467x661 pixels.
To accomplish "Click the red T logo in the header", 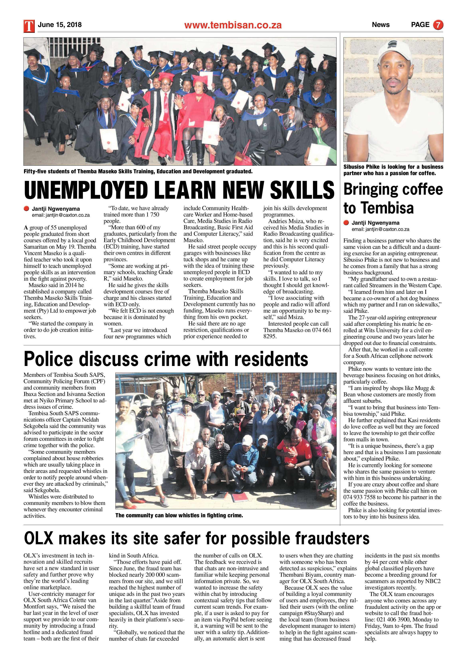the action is click(29, 26).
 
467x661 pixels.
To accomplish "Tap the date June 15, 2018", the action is click(60, 25).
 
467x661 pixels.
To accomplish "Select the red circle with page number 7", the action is click(438, 25).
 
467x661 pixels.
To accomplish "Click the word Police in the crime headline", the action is click(49, 359).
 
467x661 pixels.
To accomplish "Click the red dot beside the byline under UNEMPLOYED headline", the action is click(27, 208).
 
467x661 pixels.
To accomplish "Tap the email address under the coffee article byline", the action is click(380, 229).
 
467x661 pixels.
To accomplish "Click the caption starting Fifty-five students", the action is click(138, 171).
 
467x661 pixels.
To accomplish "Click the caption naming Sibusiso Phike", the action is click(393, 170).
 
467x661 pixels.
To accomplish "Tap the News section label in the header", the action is click(380, 25).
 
